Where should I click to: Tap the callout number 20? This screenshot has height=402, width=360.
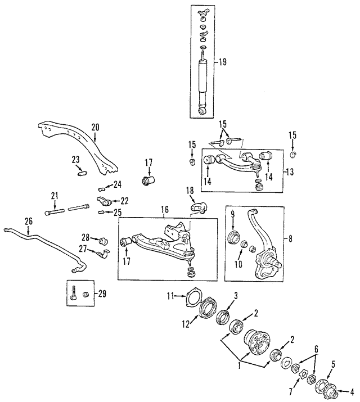pos(94,127)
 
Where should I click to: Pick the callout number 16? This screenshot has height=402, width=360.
pos(165,211)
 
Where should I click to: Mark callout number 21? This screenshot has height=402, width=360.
pos(55,196)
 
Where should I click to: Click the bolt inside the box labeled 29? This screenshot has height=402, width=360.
pos(74,295)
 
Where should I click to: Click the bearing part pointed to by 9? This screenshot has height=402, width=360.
pos(232,237)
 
